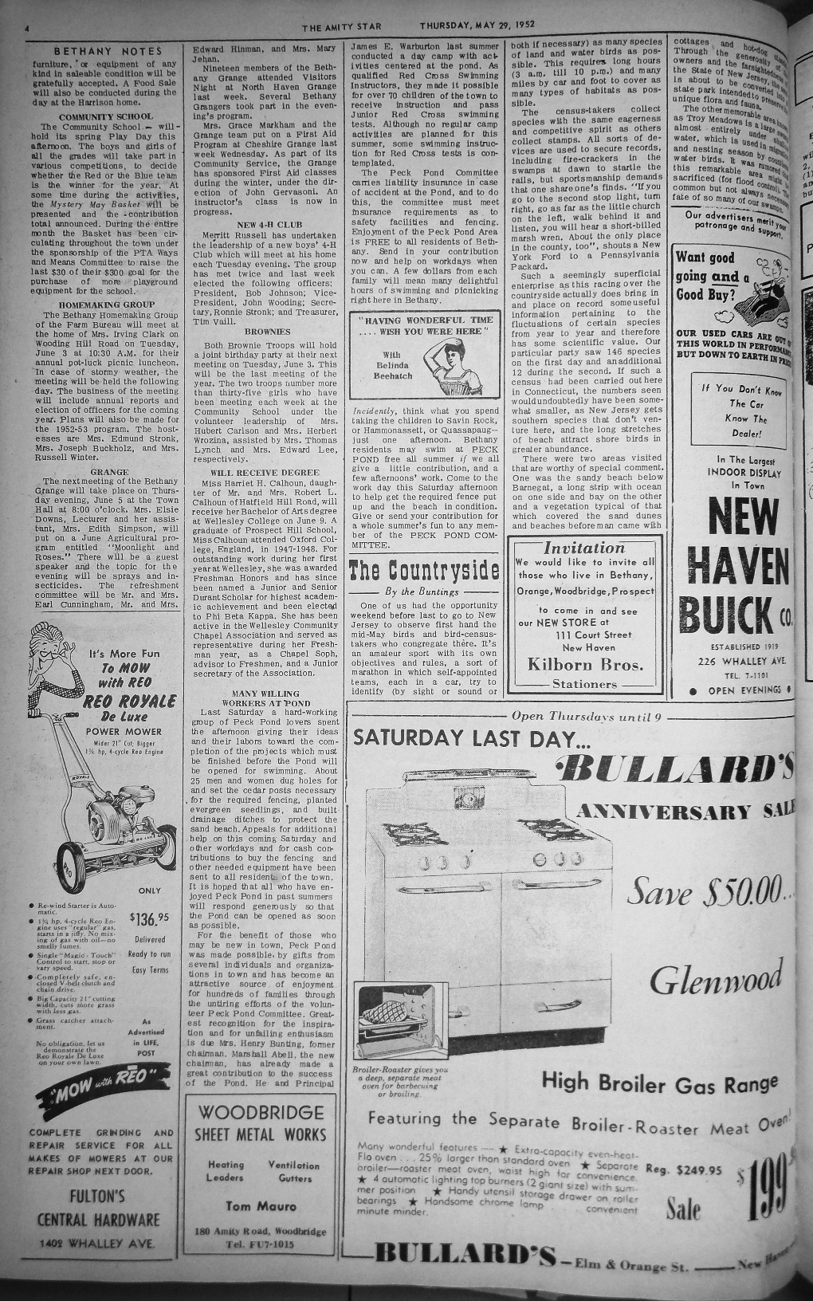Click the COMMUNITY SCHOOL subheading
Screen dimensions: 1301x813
105,116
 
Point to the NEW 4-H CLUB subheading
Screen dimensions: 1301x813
262,225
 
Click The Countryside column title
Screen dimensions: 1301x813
423,571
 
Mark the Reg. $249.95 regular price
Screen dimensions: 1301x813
683,1170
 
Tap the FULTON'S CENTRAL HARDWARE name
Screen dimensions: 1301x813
98,1207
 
